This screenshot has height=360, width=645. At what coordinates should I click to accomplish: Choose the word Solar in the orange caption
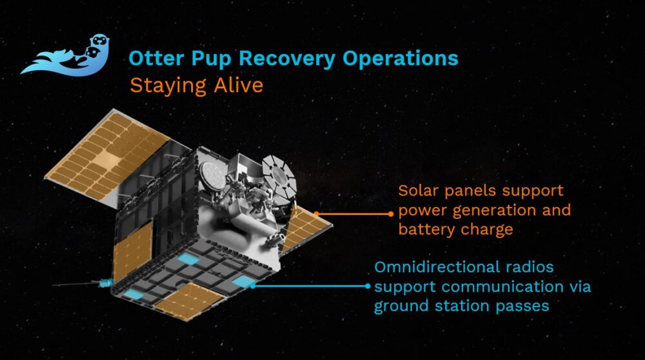416,192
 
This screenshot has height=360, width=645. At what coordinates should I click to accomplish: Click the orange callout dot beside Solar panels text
391,213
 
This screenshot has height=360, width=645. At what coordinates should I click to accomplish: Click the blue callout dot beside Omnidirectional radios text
368,285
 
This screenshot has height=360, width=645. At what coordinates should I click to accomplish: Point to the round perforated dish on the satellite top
212,174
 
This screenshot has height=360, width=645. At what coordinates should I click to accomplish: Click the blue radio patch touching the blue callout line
244,281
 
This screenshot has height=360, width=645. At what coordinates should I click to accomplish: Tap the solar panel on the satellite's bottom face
191,303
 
